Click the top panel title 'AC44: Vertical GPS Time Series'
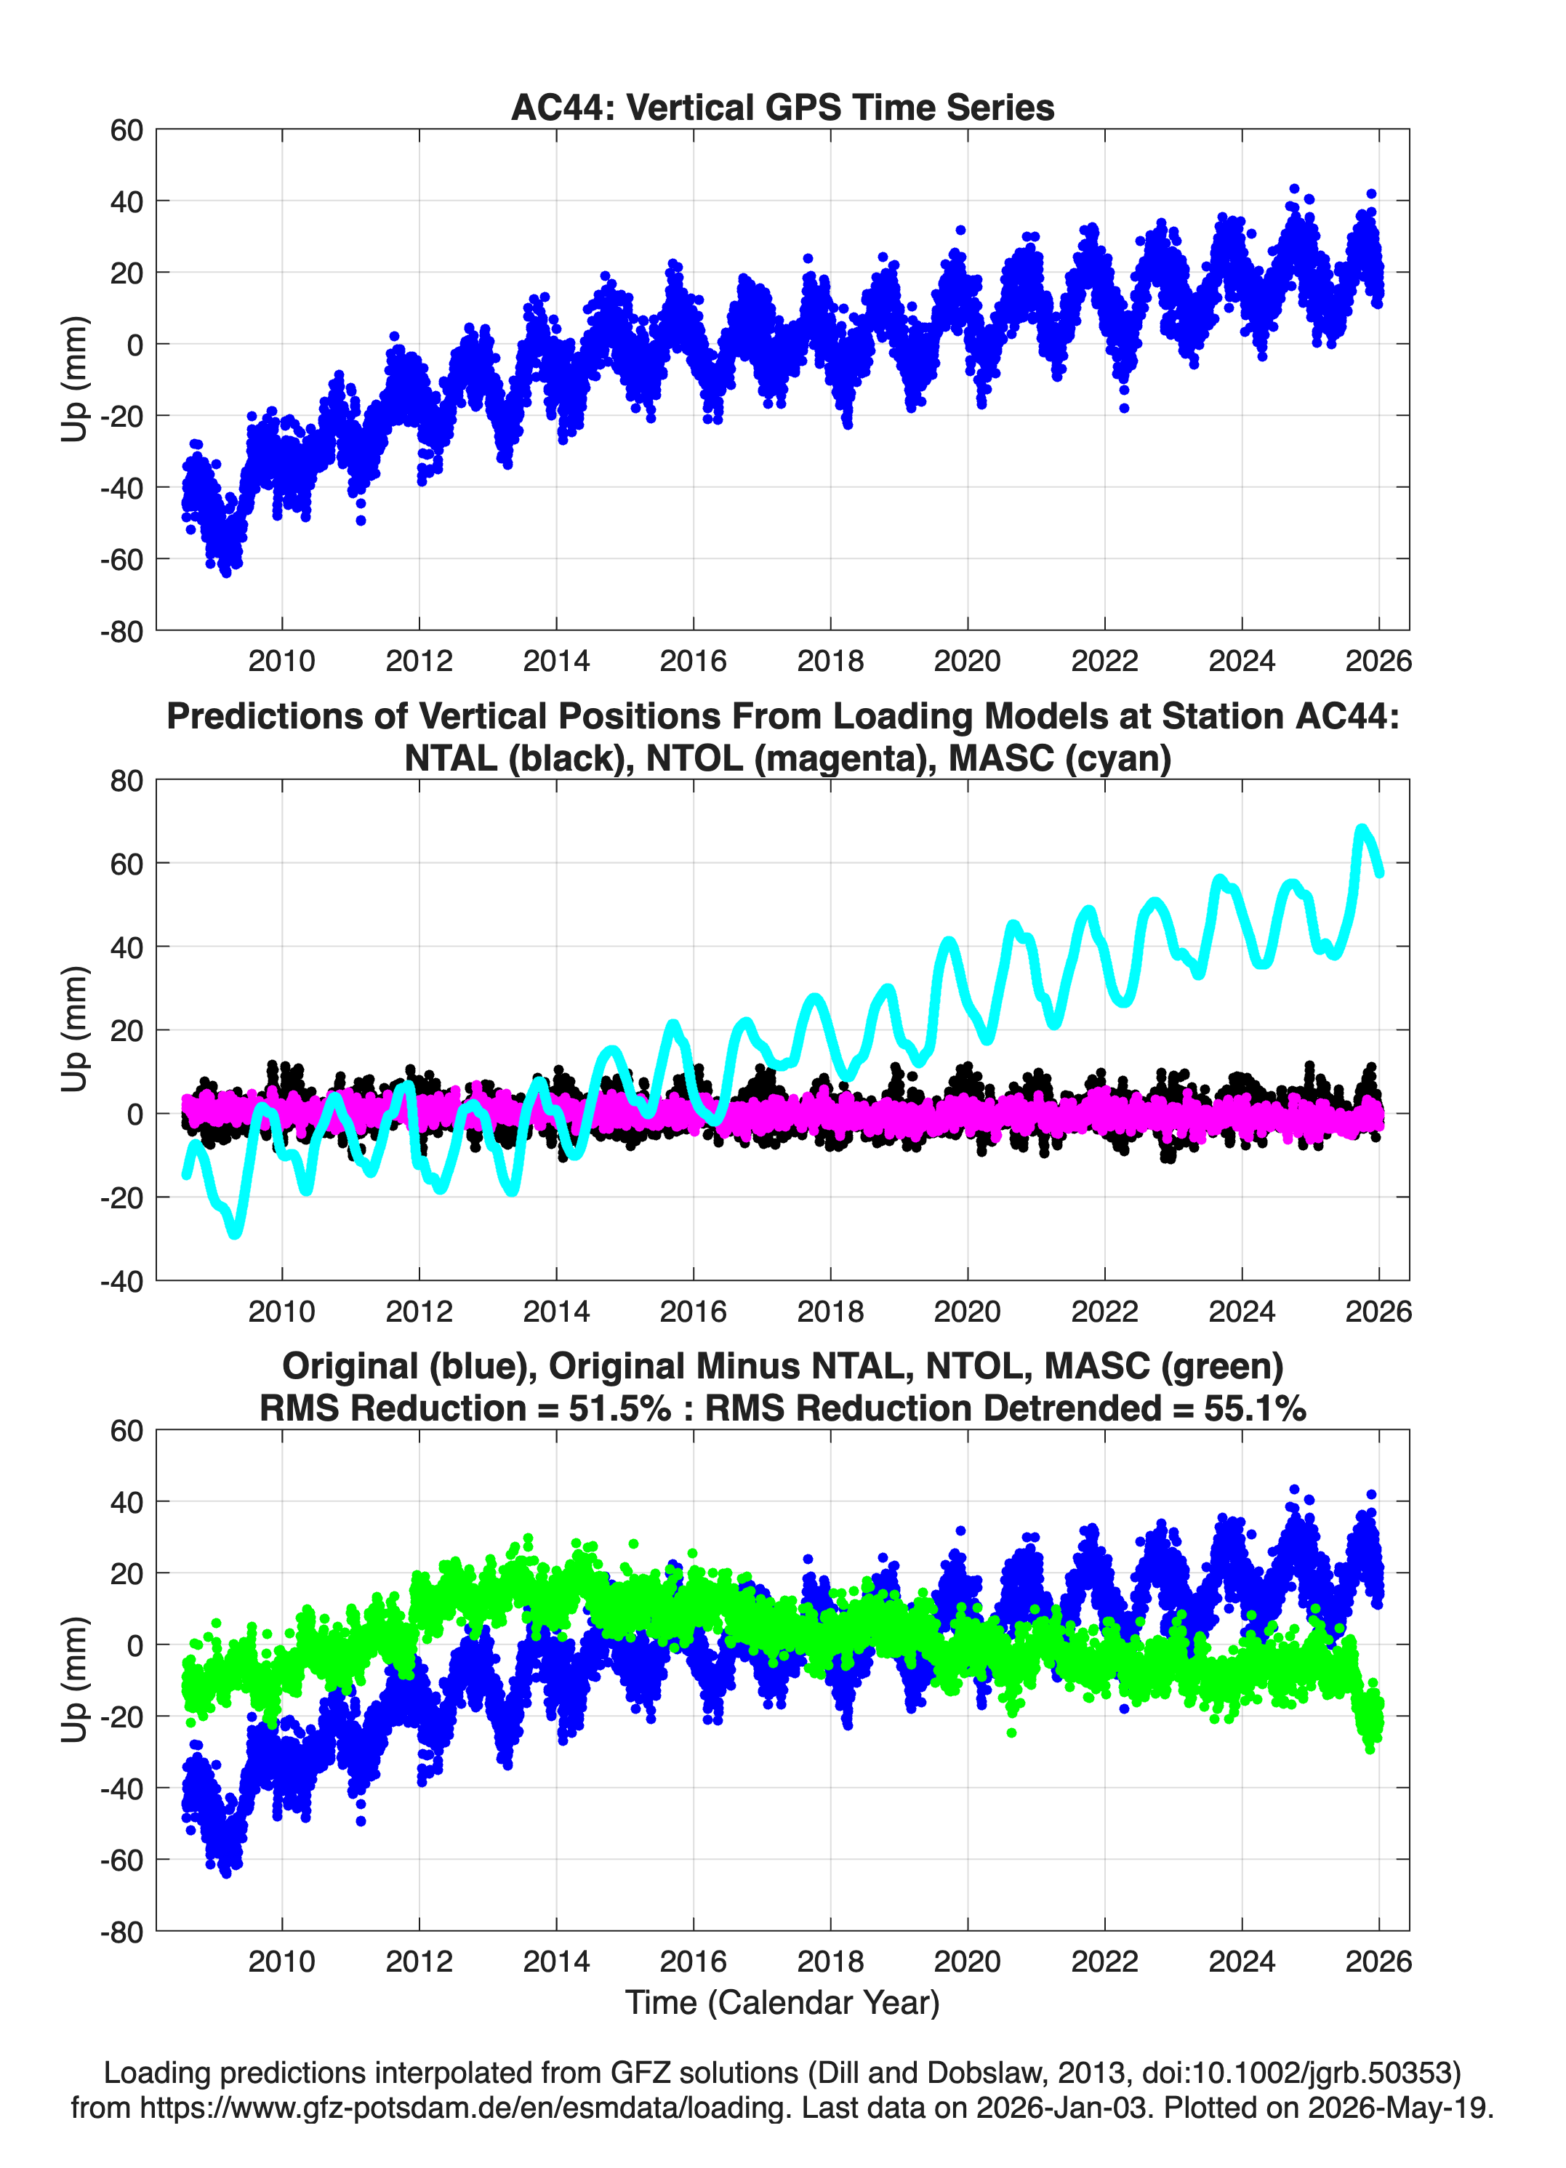point(782,107)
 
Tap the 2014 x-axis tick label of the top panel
point(555,661)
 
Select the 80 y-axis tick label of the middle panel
point(127,780)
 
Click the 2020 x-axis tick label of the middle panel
point(968,1311)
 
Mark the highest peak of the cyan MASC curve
point(1362,829)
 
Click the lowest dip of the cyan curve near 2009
point(235,1234)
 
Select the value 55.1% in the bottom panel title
point(1256,1408)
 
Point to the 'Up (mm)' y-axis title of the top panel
point(75,380)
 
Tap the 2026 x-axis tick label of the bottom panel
point(1378,1961)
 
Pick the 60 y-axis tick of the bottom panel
point(127,1431)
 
